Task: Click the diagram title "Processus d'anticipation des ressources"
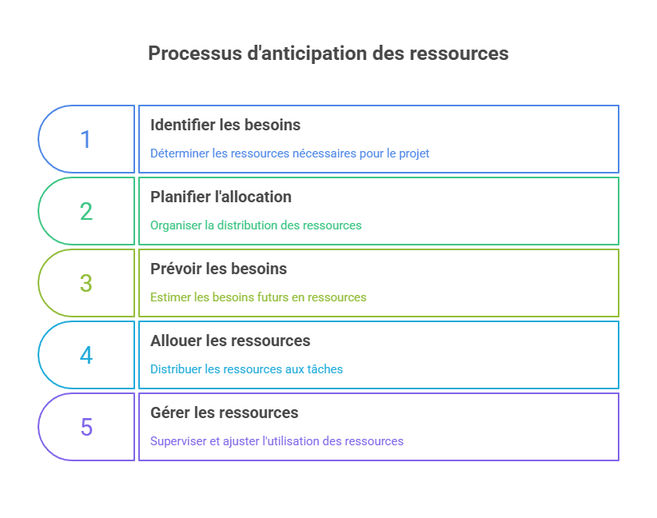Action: click(x=328, y=54)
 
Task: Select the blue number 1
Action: click(x=86, y=140)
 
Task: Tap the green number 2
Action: click(x=86, y=212)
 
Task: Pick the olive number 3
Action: click(x=86, y=284)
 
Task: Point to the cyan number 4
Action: click(x=86, y=356)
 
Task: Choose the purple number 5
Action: click(x=86, y=428)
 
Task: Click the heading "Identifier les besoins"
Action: click(x=225, y=125)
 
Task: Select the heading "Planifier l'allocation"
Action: click(x=221, y=197)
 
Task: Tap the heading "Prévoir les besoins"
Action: click(x=218, y=269)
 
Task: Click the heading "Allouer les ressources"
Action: click(x=230, y=341)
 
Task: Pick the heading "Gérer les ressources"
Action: click(x=224, y=412)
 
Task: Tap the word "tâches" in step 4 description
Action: click(x=325, y=369)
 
